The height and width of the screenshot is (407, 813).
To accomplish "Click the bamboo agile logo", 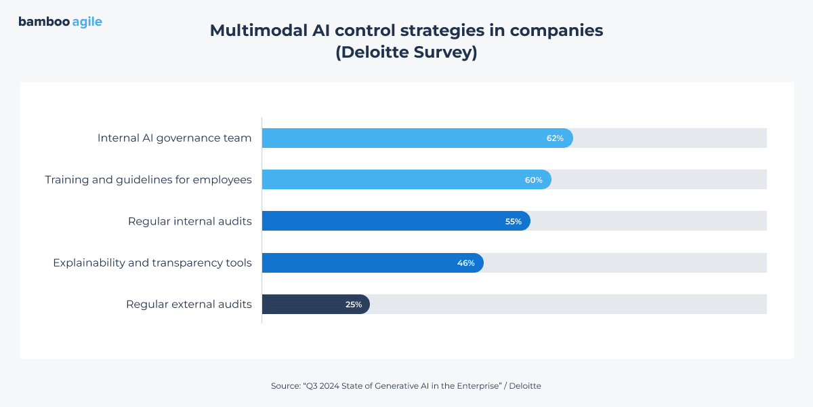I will coord(60,22).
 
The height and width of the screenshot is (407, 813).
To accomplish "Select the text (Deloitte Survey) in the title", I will coord(406,53).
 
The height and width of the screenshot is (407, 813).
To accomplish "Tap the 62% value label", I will coord(555,138).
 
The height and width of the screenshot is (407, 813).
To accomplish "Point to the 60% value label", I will coord(533,180).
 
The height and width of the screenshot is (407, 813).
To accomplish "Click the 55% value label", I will coord(513,222).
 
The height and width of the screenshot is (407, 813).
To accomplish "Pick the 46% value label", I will coord(465,263).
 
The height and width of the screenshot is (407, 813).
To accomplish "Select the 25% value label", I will coord(354,305).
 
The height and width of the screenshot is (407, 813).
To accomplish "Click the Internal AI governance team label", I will coord(174,138).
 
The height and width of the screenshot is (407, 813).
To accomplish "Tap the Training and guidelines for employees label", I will coord(148,180).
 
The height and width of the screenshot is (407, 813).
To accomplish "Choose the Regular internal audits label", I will coord(190,222).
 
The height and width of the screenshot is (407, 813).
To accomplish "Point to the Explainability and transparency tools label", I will coord(152,263).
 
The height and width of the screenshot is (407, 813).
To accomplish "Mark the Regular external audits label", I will coord(189,305).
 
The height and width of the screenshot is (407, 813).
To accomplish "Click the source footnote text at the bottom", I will coord(406,386).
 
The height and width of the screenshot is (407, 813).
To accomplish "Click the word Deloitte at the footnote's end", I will coord(525,386).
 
